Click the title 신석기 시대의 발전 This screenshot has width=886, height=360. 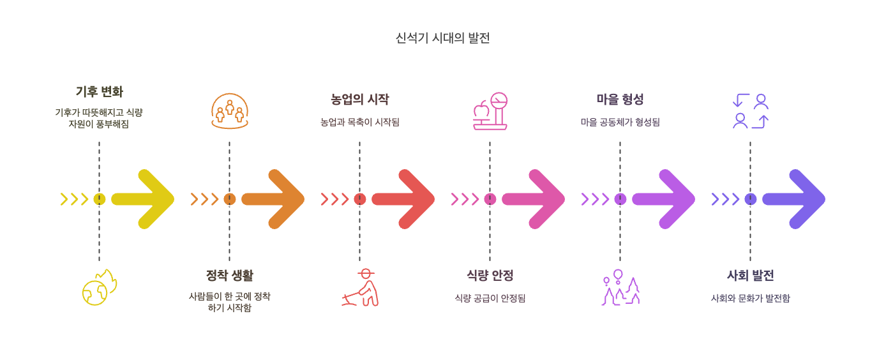[x=442, y=38]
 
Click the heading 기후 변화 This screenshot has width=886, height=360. [x=99, y=92]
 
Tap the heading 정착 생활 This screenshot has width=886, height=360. [x=229, y=276]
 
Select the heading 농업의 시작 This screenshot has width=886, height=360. [x=359, y=100]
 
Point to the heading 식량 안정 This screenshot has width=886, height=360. [x=490, y=276]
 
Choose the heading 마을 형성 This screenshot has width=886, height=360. [x=620, y=100]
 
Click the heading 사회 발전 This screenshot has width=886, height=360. [x=750, y=276]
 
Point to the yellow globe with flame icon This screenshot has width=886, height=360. [x=100, y=288]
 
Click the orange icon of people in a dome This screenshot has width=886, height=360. [x=230, y=111]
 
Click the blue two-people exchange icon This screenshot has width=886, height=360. [x=751, y=111]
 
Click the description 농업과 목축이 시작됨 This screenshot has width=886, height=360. [x=359, y=122]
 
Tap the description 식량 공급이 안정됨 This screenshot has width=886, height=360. [x=490, y=298]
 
